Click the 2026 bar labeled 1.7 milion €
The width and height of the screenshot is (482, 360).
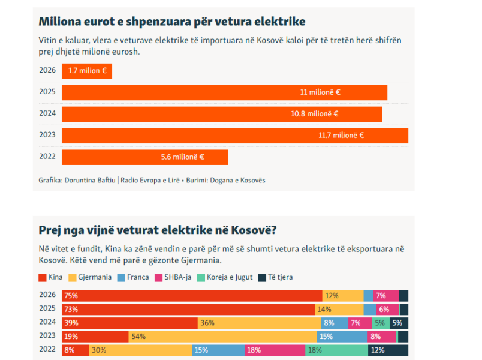(x=87, y=71)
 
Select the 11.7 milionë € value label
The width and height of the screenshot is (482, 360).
(x=341, y=136)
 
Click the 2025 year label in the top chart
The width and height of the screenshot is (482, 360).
(x=47, y=92)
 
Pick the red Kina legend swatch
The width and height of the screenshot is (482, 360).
(x=43, y=277)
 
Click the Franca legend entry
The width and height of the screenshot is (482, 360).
(x=134, y=277)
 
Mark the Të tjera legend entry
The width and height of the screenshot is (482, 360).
(x=275, y=277)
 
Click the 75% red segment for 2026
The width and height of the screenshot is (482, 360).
(x=192, y=296)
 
